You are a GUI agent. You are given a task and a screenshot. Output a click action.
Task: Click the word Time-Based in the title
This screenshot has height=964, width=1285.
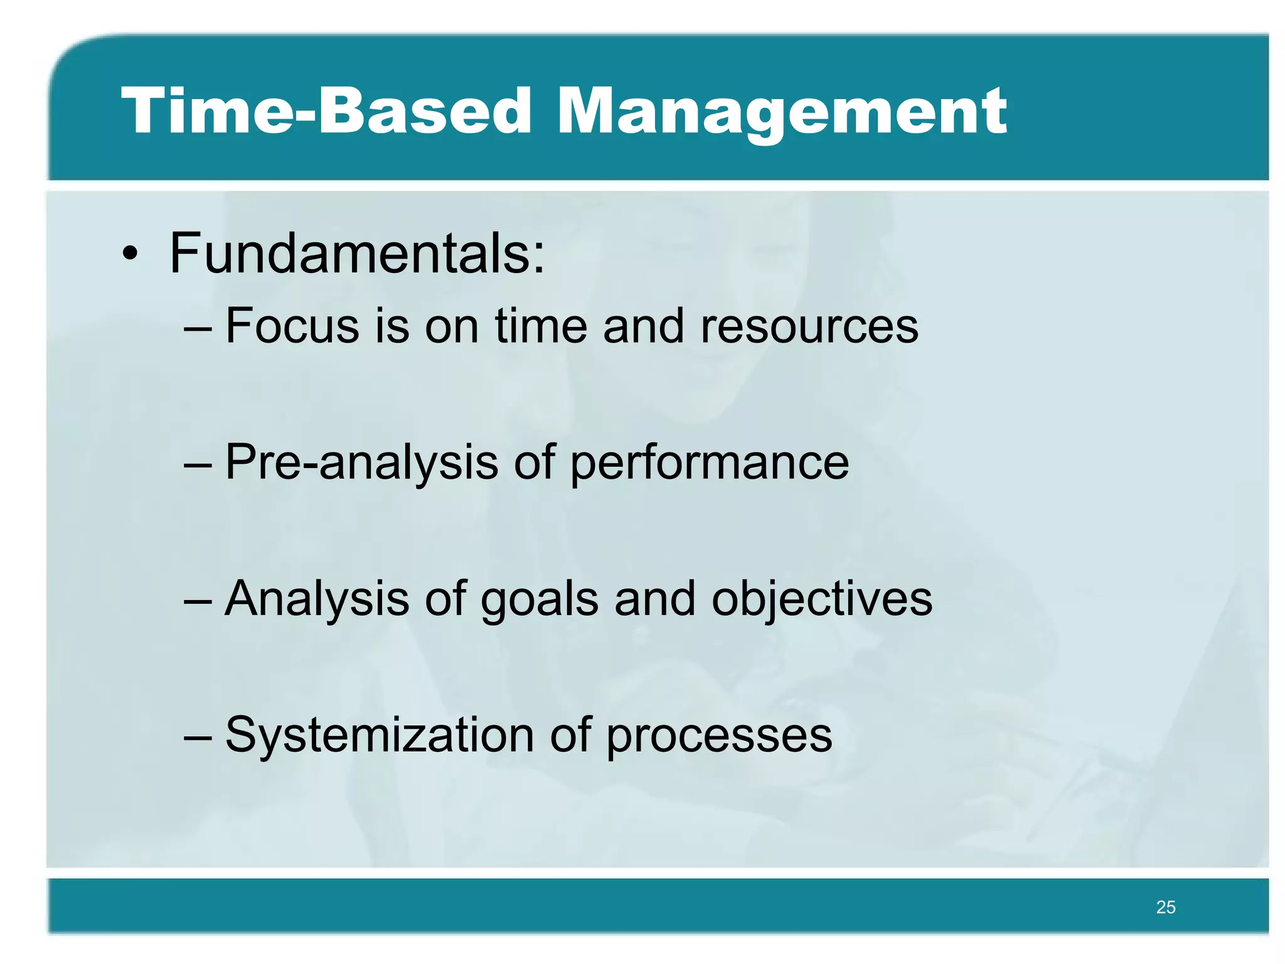(326, 111)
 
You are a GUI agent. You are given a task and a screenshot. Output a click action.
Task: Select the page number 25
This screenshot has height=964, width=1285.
(1165, 907)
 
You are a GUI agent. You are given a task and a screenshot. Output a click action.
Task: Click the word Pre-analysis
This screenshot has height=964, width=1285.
(361, 463)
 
